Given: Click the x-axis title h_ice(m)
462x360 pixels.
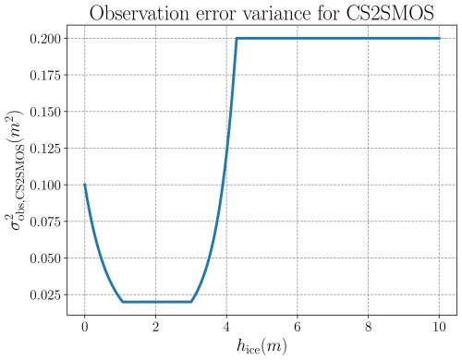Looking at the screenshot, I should click(261, 347).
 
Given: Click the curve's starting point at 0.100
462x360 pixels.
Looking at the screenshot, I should click(85, 185).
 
